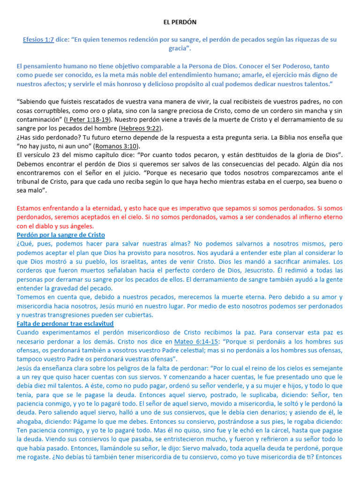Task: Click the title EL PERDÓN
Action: [x=180, y=22]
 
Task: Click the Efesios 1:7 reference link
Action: [x=38, y=40]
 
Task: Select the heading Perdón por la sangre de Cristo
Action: [x=61, y=234]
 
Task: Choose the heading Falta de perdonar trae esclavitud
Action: [x=65, y=324]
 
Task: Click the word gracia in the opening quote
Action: [x=180, y=49]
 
